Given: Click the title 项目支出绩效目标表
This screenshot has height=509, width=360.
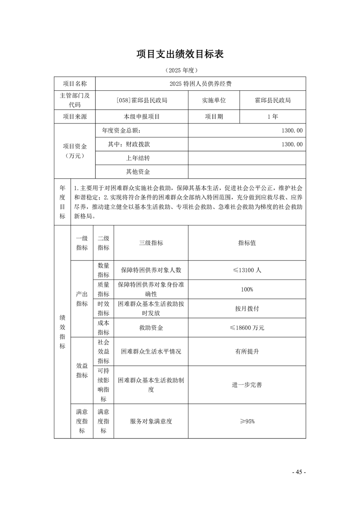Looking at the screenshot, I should [x=180, y=54].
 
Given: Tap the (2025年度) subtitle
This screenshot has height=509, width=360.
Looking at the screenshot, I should [x=180, y=71].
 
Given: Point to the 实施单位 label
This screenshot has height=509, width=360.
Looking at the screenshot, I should [x=214, y=100].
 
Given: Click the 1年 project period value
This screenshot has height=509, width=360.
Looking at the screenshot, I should [x=272, y=117].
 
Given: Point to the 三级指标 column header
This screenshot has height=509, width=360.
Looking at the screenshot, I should [x=151, y=243].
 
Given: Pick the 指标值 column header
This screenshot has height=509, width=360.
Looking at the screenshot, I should [x=247, y=243].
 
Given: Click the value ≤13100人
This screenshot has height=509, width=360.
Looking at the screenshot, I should [x=247, y=270].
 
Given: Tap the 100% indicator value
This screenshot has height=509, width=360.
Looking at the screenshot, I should [x=247, y=289].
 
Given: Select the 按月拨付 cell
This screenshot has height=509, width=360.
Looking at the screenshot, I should [x=247, y=308].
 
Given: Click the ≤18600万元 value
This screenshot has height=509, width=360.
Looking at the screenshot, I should [x=247, y=327].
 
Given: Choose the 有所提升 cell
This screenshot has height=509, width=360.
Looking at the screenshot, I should [x=247, y=351].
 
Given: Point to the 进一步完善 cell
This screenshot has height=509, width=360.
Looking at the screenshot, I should [x=247, y=385].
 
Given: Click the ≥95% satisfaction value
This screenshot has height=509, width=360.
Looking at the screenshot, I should [x=247, y=421].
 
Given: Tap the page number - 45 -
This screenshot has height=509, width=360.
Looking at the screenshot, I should [x=299, y=472].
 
